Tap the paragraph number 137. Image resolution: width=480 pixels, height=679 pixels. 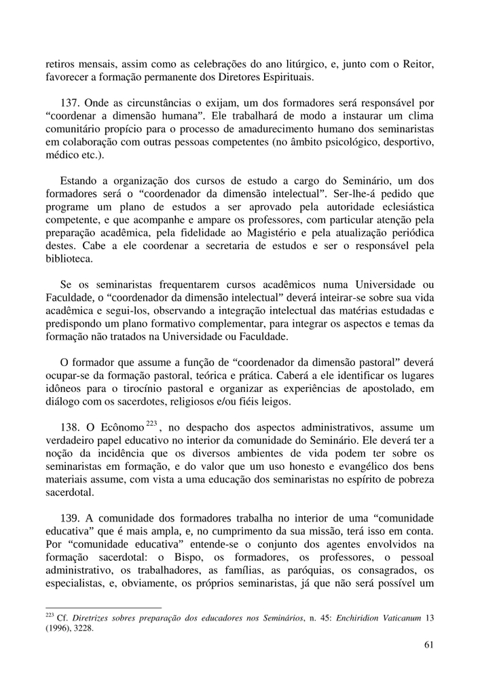point(71,104)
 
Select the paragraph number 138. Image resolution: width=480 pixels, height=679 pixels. point(71,427)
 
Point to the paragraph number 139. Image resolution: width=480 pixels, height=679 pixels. point(71,519)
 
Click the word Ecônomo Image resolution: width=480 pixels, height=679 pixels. point(117,427)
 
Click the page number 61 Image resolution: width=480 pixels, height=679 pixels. point(428,645)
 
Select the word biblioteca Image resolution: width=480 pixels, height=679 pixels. point(69,259)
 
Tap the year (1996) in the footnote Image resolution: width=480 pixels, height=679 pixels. point(59,628)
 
